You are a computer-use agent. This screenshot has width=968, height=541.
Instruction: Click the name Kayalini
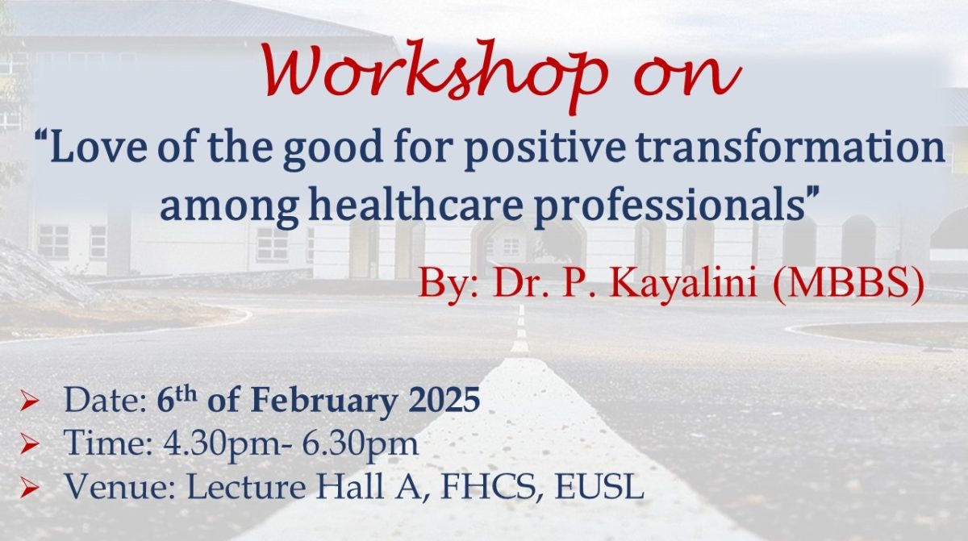[684, 285]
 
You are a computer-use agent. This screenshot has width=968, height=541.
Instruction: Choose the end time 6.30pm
[360, 444]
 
